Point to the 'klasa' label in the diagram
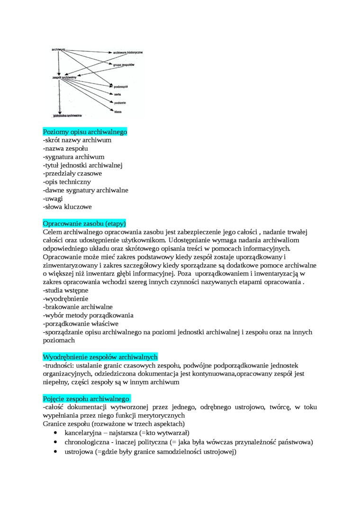click(118, 111)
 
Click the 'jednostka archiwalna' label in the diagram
click(67, 115)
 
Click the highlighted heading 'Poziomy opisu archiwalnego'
click(85, 132)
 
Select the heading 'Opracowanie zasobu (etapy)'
click(84, 223)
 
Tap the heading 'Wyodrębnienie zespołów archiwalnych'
click(100, 357)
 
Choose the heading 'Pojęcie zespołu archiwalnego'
click(86, 399)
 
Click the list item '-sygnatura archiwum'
click(73, 157)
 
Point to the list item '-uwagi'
click(53, 198)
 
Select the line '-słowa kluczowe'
click(67, 207)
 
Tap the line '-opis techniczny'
click(67, 182)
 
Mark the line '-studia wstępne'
click(65, 290)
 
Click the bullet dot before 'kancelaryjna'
click(56, 433)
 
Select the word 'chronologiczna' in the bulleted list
click(88, 442)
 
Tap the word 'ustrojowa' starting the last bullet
click(79, 452)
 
